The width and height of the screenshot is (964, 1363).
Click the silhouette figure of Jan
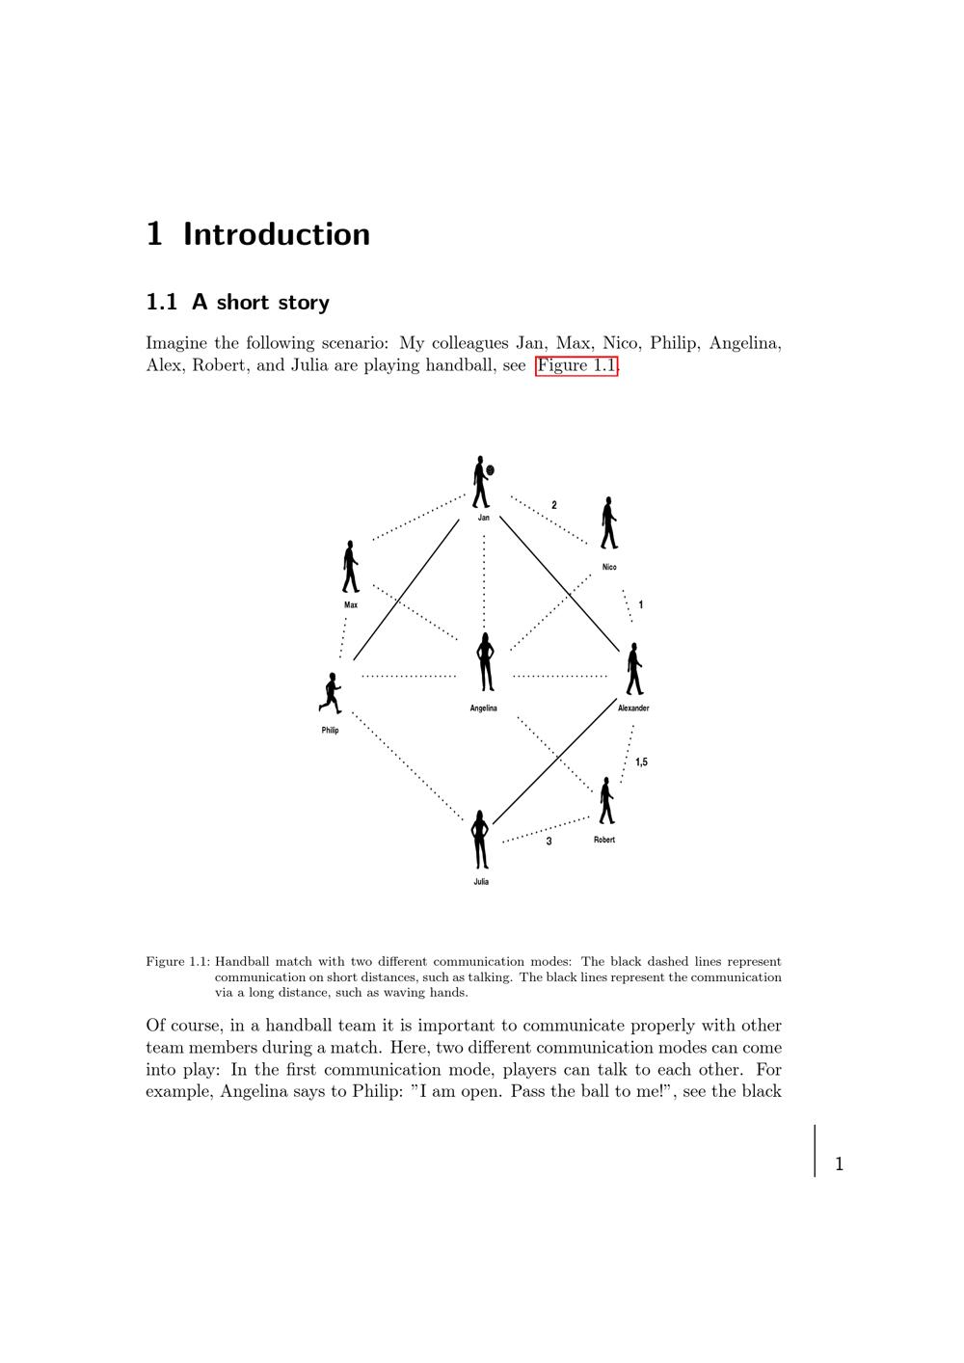click(480, 482)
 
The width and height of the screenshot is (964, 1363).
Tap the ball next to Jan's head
click(491, 470)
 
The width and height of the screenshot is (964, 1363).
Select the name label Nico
click(609, 567)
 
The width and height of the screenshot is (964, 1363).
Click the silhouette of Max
click(350, 567)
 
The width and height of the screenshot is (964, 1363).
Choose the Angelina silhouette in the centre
click(485, 662)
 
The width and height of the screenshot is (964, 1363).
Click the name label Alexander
click(633, 708)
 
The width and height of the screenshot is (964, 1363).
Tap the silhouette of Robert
click(605, 801)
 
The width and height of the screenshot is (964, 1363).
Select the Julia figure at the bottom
click(480, 840)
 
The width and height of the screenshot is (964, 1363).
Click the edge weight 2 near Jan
click(554, 505)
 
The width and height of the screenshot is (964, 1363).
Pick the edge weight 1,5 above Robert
click(641, 762)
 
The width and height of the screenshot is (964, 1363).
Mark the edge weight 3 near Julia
click(549, 842)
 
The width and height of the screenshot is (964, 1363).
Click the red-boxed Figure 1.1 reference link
click(576, 365)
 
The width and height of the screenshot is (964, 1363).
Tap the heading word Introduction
click(277, 234)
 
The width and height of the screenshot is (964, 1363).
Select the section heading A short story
click(260, 303)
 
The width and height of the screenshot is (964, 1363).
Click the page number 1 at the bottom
click(839, 1164)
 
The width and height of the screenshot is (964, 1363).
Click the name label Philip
click(331, 731)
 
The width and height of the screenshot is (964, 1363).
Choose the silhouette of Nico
click(608, 523)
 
